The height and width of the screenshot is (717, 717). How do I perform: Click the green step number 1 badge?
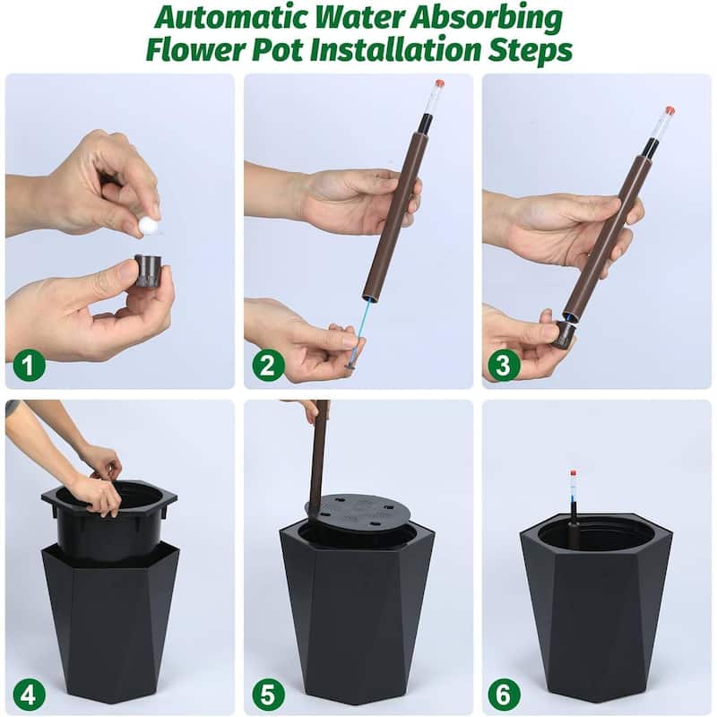pyautogui.click(x=29, y=366)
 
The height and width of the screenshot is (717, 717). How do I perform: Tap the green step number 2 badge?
pyautogui.click(x=268, y=366)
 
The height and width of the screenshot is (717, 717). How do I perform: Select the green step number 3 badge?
pyautogui.click(x=505, y=366)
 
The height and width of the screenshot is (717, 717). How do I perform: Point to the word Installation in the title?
pyautogui.click(x=390, y=50)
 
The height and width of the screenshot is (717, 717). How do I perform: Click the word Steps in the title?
pyautogui.click(x=530, y=50)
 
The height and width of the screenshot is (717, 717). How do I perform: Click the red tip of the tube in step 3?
pyautogui.click(x=669, y=110)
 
